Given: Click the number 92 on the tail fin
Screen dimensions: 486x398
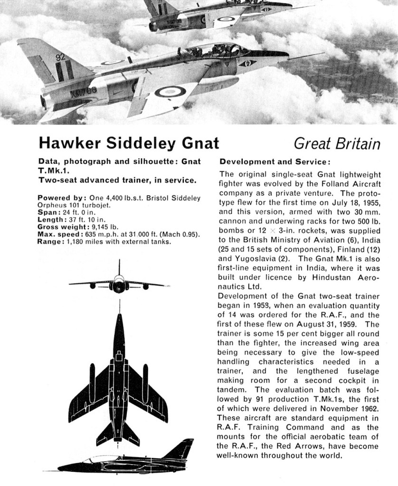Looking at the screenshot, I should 60,57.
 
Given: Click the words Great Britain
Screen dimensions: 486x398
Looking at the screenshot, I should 337,143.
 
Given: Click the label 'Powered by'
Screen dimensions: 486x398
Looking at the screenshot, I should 60,198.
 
